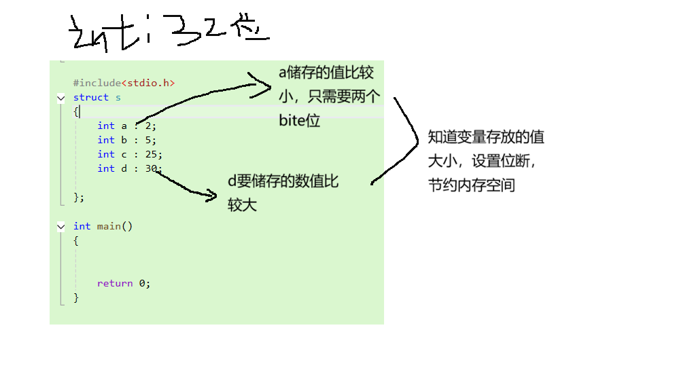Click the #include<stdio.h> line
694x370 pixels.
[124, 83]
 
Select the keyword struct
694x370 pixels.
[91, 97]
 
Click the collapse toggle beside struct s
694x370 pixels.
[61, 98]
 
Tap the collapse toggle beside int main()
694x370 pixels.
[61, 226]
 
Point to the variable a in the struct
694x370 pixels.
[124, 126]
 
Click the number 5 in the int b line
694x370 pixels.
[148, 140]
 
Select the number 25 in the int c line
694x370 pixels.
[150, 154]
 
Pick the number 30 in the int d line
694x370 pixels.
[150, 168]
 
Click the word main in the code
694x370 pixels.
[109, 226]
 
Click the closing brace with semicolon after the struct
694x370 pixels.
[79, 198]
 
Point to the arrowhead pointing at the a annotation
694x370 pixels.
[262, 85]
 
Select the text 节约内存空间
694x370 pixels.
[472, 185]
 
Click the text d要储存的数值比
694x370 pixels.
[283, 182]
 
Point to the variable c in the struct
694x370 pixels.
[124, 154]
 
